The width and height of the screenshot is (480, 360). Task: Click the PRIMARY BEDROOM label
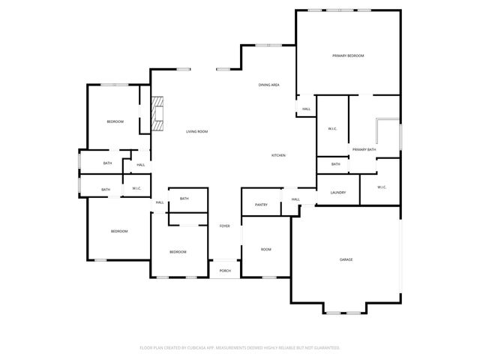pos(348,56)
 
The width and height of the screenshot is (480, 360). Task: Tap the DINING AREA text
pos(269,85)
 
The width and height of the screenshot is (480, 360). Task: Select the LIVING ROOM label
pos(196,132)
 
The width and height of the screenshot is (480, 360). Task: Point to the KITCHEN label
pos(278,155)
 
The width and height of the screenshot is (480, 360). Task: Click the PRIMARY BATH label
pos(364,150)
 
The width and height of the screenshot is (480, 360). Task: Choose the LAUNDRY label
pos(337,193)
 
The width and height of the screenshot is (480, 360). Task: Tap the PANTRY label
pos(261,205)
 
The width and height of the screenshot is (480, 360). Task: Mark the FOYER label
pos(224,226)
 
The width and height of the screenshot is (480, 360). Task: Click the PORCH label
pos(224,271)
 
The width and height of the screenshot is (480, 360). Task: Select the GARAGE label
pos(346,259)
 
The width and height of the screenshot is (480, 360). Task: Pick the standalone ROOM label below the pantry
pos(265,249)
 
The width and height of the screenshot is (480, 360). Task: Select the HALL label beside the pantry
pos(295,199)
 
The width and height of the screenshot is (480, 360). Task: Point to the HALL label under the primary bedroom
pos(306,109)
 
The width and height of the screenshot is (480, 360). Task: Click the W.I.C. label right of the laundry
pos(381,187)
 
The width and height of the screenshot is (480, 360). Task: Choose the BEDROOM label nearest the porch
pos(177,252)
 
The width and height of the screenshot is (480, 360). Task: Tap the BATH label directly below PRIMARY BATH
pos(335,164)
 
